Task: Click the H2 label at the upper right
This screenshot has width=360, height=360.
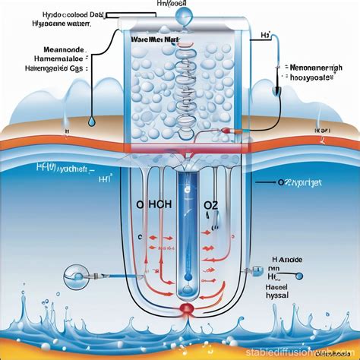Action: (x=265, y=35)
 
